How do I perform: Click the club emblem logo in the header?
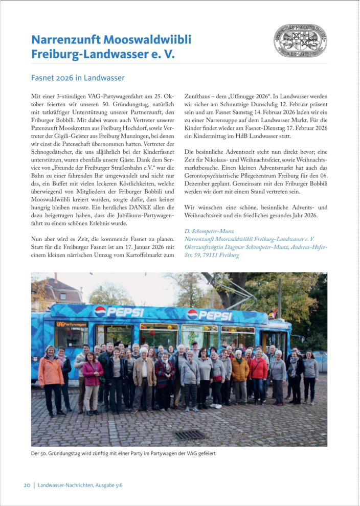tap(300, 40)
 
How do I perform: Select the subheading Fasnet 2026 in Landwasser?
tap(78, 78)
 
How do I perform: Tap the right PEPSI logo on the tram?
tap(210, 314)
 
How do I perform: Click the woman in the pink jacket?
tap(93, 378)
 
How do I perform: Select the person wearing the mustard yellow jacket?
tap(239, 373)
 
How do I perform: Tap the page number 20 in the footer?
tap(27, 485)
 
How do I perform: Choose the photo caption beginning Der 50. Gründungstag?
tap(123, 453)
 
